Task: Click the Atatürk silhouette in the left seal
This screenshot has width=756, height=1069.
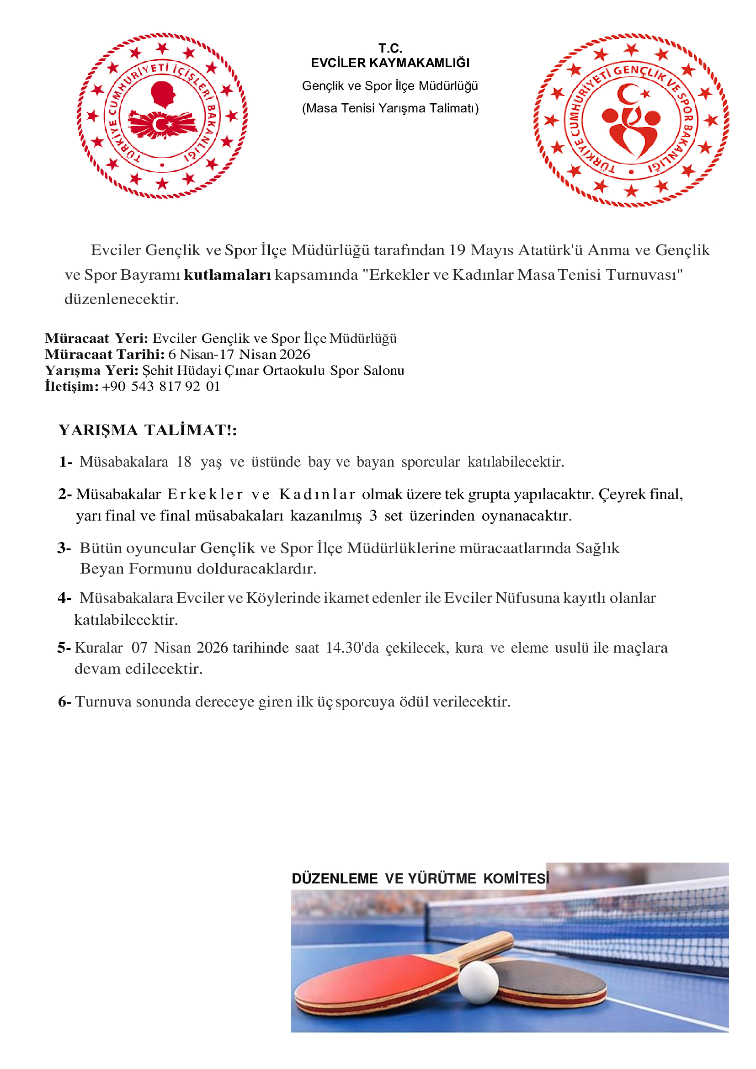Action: (x=162, y=94)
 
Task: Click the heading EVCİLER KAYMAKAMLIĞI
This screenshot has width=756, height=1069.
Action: (x=390, y=63)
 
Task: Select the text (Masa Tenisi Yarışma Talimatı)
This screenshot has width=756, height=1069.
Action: (x=390, y=108)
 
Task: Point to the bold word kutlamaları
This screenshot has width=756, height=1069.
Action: (x=227, y=275)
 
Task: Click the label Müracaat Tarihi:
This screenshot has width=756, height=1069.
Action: (x=105, y=354)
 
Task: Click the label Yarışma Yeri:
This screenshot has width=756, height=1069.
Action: (x=92, y=371)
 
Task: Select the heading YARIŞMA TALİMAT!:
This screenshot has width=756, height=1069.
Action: (x=148, y=430)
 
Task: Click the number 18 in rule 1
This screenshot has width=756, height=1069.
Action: (x=184, y=462)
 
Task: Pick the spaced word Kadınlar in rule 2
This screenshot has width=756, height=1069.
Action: (x=317, y=495)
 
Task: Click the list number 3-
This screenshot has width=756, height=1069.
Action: (x=64, y=548)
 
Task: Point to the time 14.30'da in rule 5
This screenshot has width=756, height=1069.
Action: (x=352, y=648)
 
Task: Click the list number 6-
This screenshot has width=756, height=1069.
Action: (x=64, y=702)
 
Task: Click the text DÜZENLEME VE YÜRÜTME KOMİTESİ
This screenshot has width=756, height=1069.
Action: (x=420, y=878)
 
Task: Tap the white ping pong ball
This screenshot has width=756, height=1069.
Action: (x=478, y=983)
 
